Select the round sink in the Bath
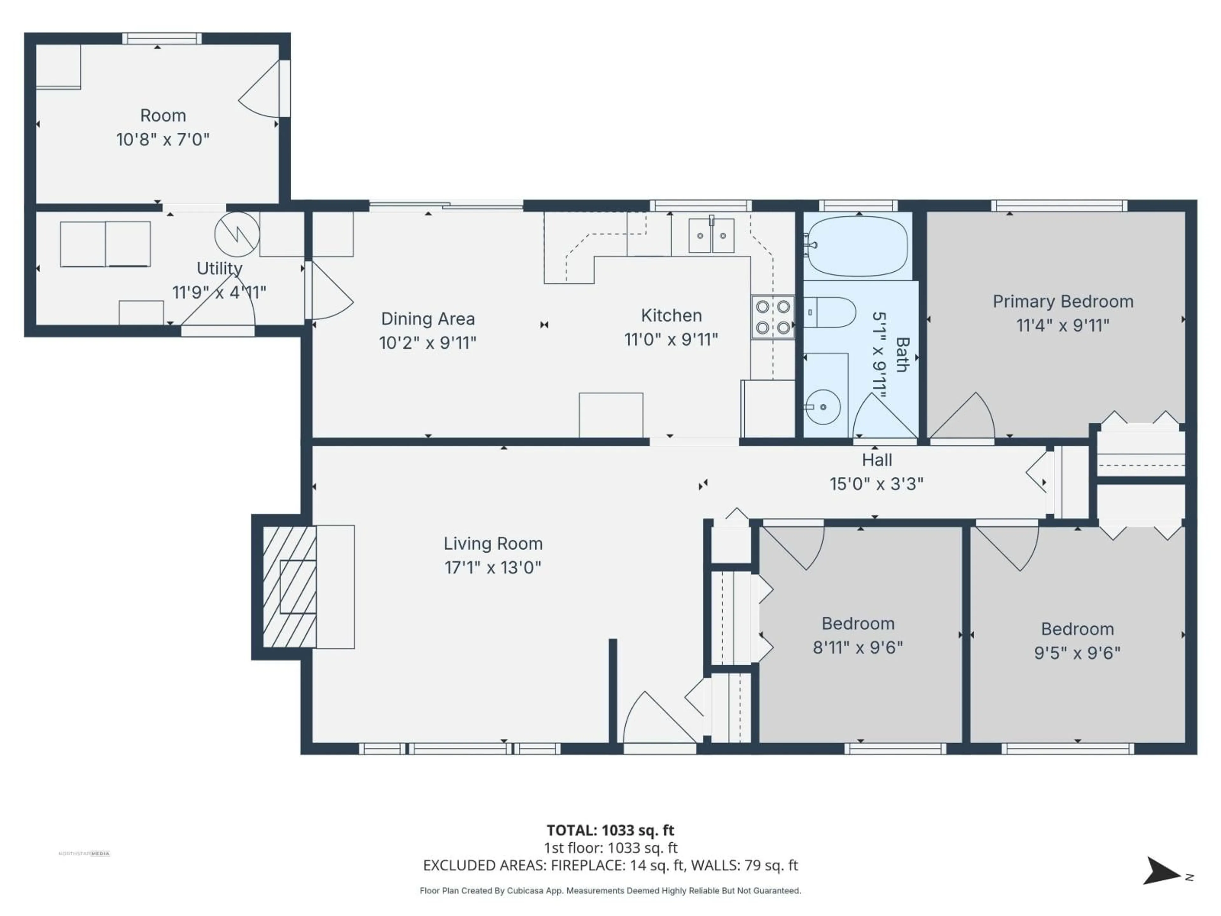point(823,407)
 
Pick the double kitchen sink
point(712,236)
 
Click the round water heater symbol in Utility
point(237,234)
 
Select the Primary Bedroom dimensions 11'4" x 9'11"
point(1063,325)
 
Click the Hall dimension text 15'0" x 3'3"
point(876,484)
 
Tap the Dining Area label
point(428,319)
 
